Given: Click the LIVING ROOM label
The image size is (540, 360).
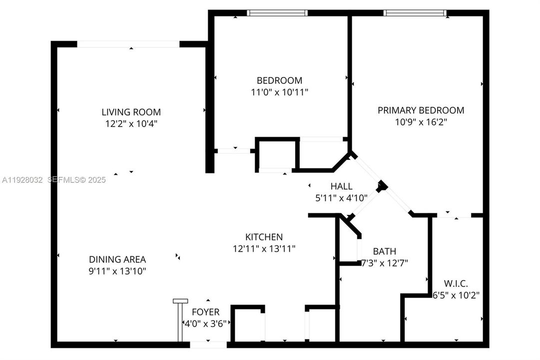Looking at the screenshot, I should pyautogui.click(x=131, y=112).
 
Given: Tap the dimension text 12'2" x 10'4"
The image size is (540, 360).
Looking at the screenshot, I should pyautogui.click(x=131, y=123).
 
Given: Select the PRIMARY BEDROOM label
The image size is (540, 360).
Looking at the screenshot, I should pyautogui.click(x=421, y=110).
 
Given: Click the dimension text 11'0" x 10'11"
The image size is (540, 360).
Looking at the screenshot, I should pyautogui.click(x=279, y=92).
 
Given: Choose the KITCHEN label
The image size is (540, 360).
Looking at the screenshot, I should pyautogui.click(x=264, y=236).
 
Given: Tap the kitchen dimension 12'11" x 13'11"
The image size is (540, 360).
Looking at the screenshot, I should pyautogui.click(x=264, y=248).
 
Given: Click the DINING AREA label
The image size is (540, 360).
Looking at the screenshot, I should pyautogui.click(x=117, y=259).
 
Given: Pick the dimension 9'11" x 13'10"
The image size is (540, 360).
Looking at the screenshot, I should pyautogui.click(x=117, y=271).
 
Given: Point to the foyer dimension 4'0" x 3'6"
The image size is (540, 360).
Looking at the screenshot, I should pyautogui.click(x=205, y=322).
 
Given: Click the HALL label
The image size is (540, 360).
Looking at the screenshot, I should pyautogui.click(x=341, y=186).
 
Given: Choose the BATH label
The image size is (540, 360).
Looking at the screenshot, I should pyautogui.click(x=384, y=251).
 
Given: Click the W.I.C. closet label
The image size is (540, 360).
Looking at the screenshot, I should pyautogui.click(x=456, y=283).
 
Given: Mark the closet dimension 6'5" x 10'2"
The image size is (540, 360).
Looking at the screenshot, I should pyautogui.click(x=456, y=295).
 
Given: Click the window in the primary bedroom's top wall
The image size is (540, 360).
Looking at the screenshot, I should pyautogui.click(x=416, y=13).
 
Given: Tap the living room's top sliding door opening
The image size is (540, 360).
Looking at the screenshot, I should pyautogui.click(x=128, y=44).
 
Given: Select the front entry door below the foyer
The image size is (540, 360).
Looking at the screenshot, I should pyautogui.click(x=208, y=344).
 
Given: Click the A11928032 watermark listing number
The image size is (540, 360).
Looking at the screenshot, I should pyautogui.click(x=22, y=180).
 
